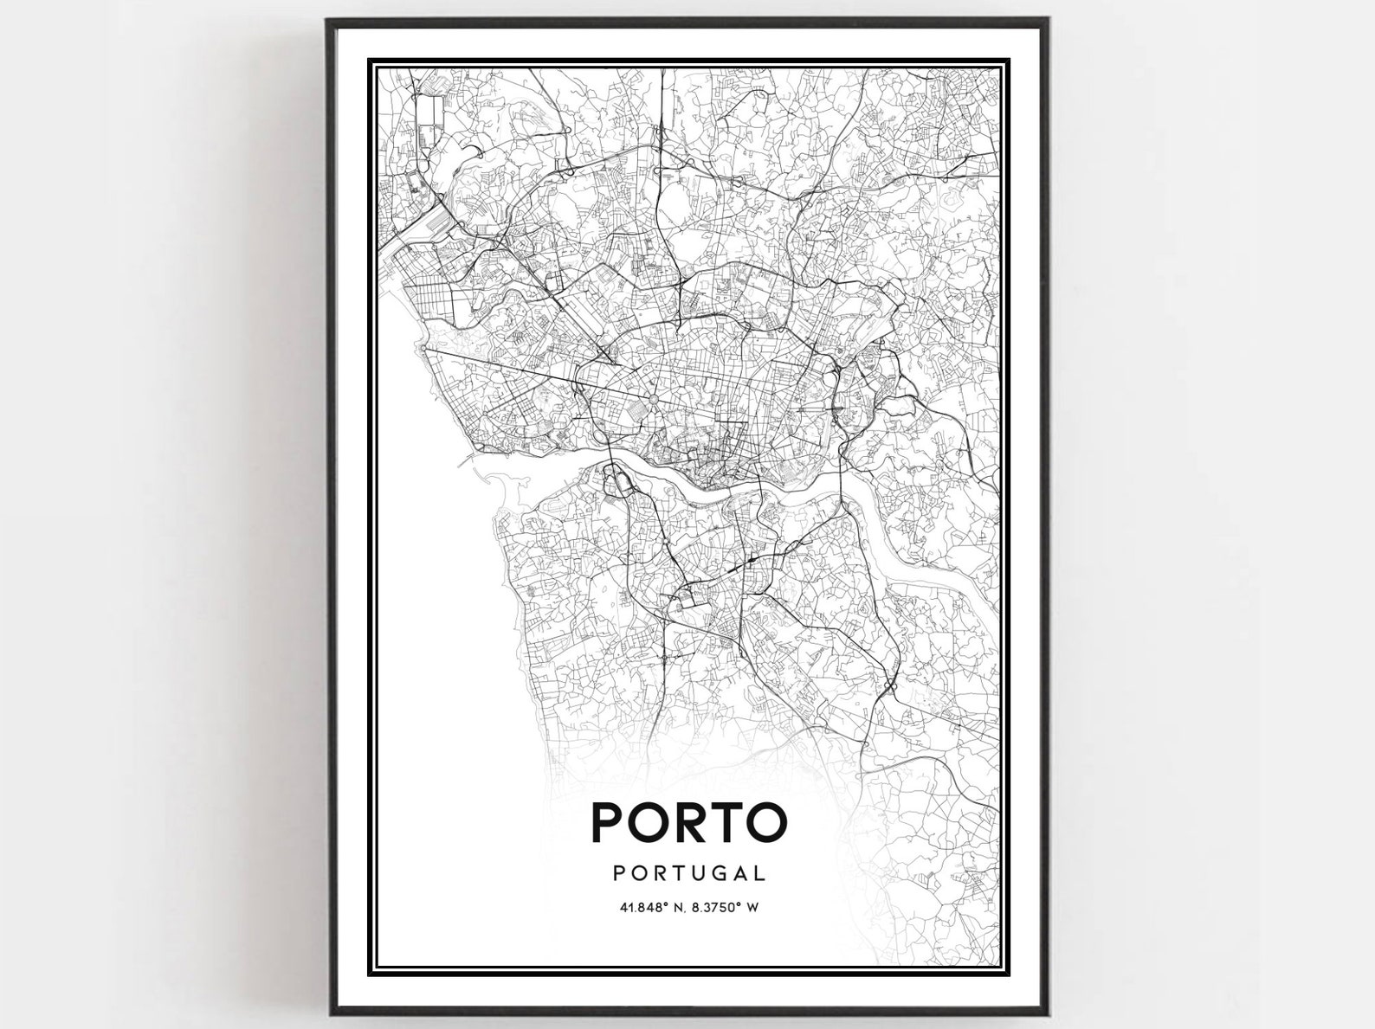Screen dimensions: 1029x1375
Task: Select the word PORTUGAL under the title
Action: [689, 874]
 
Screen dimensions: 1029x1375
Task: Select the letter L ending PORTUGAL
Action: [760, 874]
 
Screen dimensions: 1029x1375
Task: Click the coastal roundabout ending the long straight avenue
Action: [421, 349]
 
